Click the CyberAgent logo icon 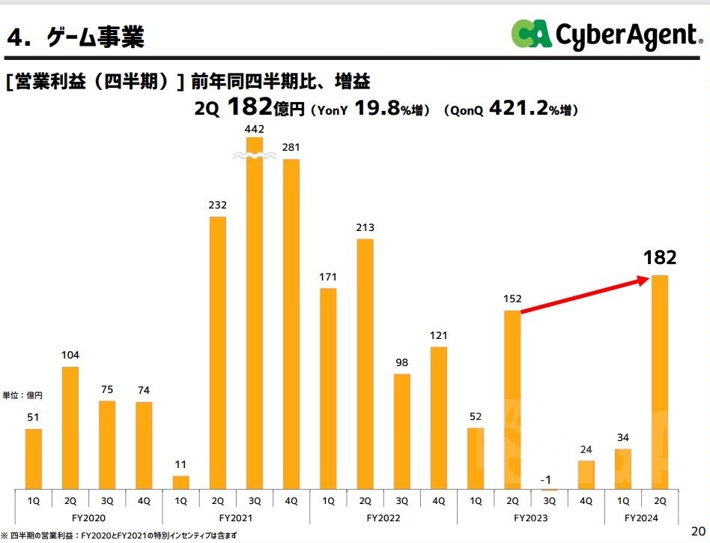pyautogui.click(x=532, y=34)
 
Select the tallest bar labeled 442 pyautogui.click(x=255, y=315)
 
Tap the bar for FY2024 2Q pyautogui.click(x=660, y=382)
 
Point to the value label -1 pyautogui.click(x=549, y=479)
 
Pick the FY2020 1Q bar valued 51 pyautogui.click(x=34, y=458)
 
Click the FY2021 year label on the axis pyautogui.click(x=235, y=518)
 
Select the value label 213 pyautogui.click(x=365, y=227)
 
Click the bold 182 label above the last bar pyautogui.click(x=660, y=258)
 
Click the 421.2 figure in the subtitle pyautogui.click(x=518, y=109)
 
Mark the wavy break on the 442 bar pyautogui.click(x=255, y=155)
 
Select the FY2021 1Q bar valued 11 pyautogui.click(x=181, y=481)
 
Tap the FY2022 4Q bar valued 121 pyautogui.click(x=439, y=417)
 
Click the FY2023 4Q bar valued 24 pyautogui.click(x=586, y=474)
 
